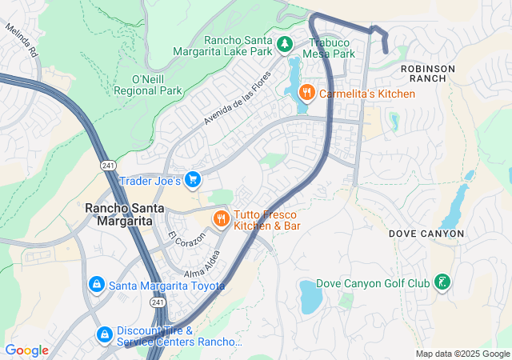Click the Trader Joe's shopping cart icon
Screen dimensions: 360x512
point(192,180)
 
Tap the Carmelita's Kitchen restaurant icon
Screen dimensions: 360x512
point(306,94)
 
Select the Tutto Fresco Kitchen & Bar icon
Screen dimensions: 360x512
point(220,218)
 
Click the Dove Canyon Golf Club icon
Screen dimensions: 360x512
point(441,282)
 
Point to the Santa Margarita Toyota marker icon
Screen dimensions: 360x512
point(96,283)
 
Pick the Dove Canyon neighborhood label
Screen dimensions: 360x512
point(426,234)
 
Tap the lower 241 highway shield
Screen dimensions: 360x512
point(157,302)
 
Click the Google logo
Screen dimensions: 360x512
point(26,350)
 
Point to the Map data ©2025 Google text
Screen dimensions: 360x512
point(462,354)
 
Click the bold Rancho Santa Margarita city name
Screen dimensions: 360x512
point(119,214)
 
